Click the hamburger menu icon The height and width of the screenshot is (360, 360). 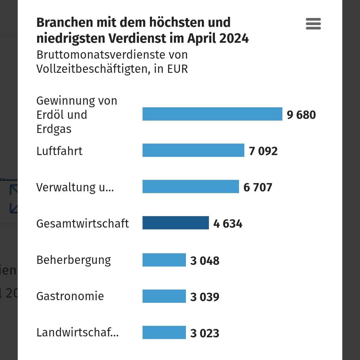(313, 24)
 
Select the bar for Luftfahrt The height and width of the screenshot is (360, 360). (193, 150)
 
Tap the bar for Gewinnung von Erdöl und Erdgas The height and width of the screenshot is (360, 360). (212, 114)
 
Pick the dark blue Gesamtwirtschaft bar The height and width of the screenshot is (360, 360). (176, 223)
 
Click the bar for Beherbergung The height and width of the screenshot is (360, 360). (164, 260)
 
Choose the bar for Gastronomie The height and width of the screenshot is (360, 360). (164, 296)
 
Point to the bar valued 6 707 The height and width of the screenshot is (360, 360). (191, 187)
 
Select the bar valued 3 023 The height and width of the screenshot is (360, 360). (164, 333)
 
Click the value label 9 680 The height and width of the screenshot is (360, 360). (301, 115)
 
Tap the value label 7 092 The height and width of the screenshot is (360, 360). (263, 151)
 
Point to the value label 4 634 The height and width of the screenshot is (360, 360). (228, 224)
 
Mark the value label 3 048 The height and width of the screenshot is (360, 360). (205, 261)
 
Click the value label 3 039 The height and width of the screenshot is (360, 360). (205, 297)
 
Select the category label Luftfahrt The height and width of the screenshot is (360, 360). (59, 151)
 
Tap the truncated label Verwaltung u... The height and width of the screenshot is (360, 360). (75, 187)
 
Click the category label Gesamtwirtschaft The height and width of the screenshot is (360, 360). (83, 223)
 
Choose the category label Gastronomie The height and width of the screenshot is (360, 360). (70, 296)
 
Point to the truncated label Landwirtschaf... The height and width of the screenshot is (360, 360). (77, 332)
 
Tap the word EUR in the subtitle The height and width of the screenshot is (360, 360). (178, 69)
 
